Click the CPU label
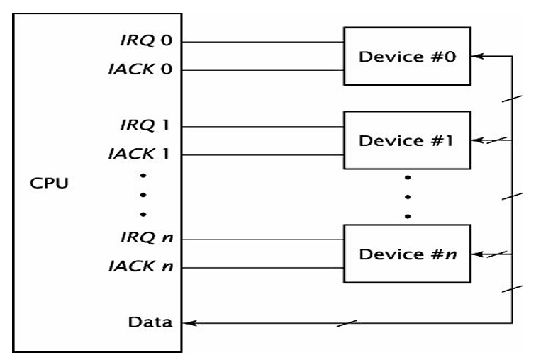click(49, 183)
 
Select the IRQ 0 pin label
click(146, 40)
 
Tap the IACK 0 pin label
click(140, 69)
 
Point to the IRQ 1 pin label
click(145, 125)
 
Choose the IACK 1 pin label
click(139, 154)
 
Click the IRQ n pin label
click(147, 237)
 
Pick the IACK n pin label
click(140, 266)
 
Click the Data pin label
click(150, 322)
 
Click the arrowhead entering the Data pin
click(189, 322)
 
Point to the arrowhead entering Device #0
click(478, 56)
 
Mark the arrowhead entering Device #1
click(478, 140)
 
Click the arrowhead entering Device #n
click(478, 254)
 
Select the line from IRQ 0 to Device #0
click(262, 42)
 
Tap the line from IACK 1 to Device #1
click(262, 155)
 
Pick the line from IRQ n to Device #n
click(262, 240)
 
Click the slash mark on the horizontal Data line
click(347, 323)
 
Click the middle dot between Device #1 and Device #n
click(408, 197)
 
